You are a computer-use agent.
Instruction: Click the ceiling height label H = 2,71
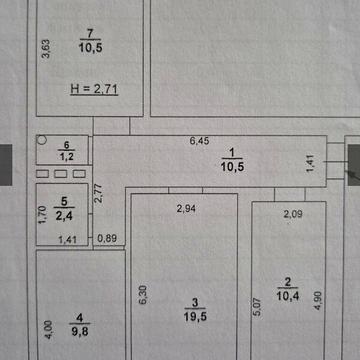pos(96,89)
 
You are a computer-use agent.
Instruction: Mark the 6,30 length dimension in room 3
pos(142,297)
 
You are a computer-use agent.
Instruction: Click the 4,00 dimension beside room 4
pos(46,329)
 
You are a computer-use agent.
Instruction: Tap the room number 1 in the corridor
pos(231,152)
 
